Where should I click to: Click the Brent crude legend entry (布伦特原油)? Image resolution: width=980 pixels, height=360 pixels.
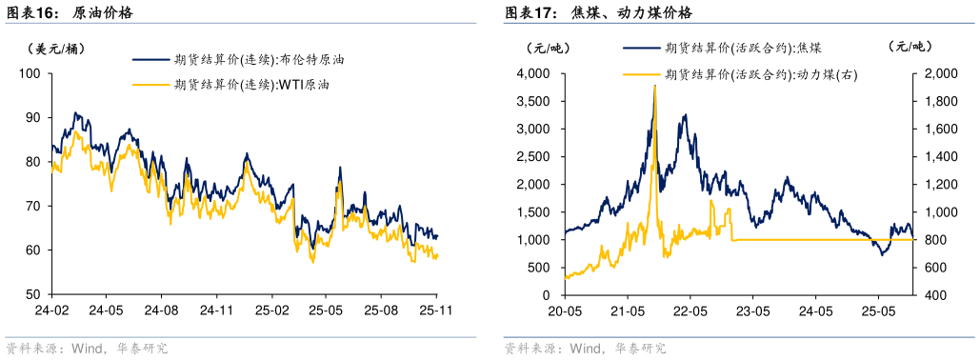(258, 59)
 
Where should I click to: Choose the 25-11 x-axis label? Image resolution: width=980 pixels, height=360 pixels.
(435, 310)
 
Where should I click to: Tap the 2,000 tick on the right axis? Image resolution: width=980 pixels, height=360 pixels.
(937, 73)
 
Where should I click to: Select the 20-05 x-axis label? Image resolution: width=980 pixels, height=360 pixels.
(564, 310)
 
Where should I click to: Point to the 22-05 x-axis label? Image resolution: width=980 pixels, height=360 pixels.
(689, 310)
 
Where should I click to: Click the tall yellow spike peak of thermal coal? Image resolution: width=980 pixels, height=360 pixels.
(654, 87)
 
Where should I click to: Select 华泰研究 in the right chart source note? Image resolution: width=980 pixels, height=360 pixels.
(640, 348)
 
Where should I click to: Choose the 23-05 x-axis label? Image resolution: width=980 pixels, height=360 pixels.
(752, 310)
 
